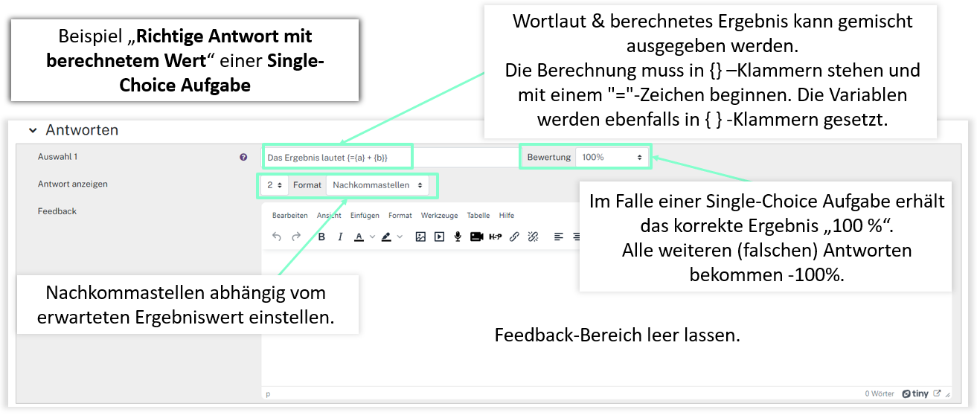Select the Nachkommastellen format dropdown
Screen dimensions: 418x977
pos(378,184)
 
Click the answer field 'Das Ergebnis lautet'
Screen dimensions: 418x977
pos(336,158)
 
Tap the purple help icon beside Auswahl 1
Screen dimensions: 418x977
pos(243,158)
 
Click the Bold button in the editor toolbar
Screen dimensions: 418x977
pos(321,237)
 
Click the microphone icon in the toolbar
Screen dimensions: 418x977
pos(457,237)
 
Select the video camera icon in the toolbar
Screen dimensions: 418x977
pos(476,237)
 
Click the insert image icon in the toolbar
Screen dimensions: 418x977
pos(420,237)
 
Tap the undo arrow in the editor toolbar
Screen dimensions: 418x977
pos(277,237)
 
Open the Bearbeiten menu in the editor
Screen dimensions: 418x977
pos(290,216)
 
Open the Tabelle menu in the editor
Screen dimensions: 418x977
pos(478,216)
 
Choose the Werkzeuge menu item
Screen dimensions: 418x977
pos(439,216)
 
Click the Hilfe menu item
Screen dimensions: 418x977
pos(507,216)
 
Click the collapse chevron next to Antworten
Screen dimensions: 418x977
pos(33,130)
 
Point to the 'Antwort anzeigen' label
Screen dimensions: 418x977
pos(68,184)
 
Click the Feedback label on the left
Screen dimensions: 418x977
pos(57,211)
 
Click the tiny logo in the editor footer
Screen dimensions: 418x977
pos(915,394)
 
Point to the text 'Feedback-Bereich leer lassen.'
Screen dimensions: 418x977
pos(617,335)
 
